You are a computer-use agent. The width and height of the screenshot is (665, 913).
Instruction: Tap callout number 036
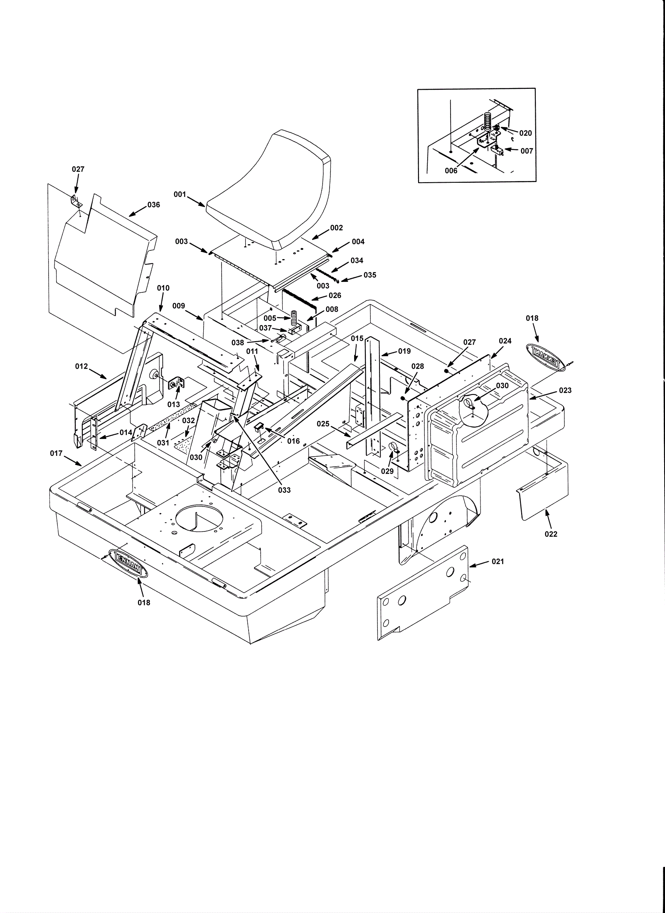pos(153,205)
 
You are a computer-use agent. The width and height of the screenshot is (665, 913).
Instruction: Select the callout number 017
pos(56,453)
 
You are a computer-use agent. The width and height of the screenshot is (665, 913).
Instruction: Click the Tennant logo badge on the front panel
pos(128,563)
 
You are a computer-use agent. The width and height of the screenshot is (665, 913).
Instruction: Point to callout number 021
pos(498,561)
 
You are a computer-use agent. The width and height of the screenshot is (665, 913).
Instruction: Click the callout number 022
pos(551,534)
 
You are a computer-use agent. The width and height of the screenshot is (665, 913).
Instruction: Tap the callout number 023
pos(565,390)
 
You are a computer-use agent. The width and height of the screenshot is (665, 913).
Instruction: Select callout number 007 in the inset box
pos(527,151)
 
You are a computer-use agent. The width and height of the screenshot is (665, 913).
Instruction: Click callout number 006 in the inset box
pos(451,171)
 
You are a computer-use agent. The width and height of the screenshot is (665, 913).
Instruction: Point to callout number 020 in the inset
pos(525,133)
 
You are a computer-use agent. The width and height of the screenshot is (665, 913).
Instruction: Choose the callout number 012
pos(81,366)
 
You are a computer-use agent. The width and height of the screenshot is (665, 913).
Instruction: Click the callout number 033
pos(285,490)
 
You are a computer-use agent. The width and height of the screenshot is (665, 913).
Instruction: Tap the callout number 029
pos(387,471)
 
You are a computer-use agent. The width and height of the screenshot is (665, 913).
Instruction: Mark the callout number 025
pos(323,424)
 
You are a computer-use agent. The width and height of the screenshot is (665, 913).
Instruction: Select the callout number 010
pos(163,288)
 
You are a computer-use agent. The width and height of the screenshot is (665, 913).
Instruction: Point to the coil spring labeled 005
pos(294,319)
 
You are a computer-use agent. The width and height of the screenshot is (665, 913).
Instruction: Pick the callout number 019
pos(404,351)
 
